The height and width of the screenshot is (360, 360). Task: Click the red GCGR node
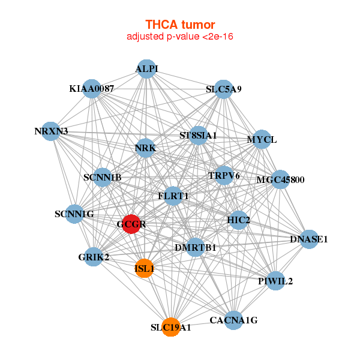(x=131, y=224)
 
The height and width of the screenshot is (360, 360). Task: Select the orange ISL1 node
(x=145, y=268)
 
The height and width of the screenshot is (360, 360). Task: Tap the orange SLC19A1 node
(x=171, y=327)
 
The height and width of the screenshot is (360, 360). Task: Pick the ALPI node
(x=147, y=69)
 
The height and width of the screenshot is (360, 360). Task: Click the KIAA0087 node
(x=91, y=89)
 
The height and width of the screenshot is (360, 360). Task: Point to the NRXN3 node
(x=51, y=131)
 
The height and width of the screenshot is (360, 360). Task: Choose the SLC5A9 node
(x=223, y=89)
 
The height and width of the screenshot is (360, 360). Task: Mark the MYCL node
(x=262, y=140)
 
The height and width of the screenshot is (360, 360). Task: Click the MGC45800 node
(x=280, y=179)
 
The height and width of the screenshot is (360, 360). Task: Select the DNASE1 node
(x=309, y=239)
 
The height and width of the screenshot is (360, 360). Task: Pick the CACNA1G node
(x=233, y=320)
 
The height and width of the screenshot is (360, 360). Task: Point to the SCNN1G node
(x=74, y=214)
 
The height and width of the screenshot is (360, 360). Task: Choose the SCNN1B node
(x=103, y=177)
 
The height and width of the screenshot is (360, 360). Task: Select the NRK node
(x=146, y=148)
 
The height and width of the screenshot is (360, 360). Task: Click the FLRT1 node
(x=173, y=196)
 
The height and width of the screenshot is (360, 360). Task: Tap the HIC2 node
(x=239, y=220)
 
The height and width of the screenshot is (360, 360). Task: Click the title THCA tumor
(x=180, y=25)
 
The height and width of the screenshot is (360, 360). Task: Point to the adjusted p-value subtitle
(x=180, y=37)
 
